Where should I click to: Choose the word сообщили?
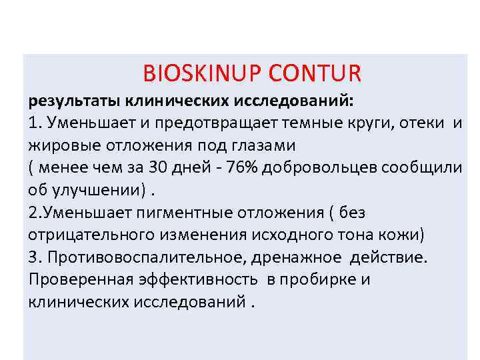[x=420, y=167]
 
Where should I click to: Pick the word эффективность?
[x=195, y=280]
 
